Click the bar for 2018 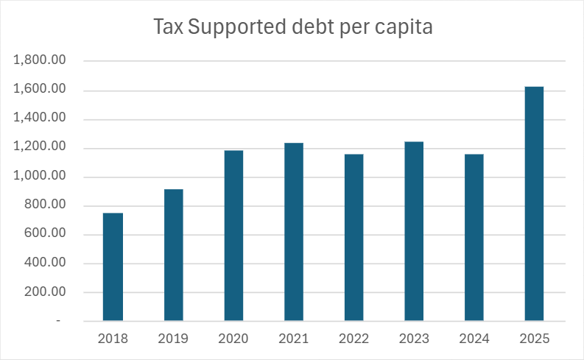[x=113, y=267]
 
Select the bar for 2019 [x=173, y=255]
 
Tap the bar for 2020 [x=233, y=236]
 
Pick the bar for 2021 [x=294, y=232]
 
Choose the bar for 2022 [x=353, y=237]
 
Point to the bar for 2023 [x=414, y=231]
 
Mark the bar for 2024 [x=474, y=237]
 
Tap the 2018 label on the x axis [x=113, y=339]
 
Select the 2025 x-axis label [x=534, y=339]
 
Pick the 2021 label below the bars [x=294, y=339]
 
